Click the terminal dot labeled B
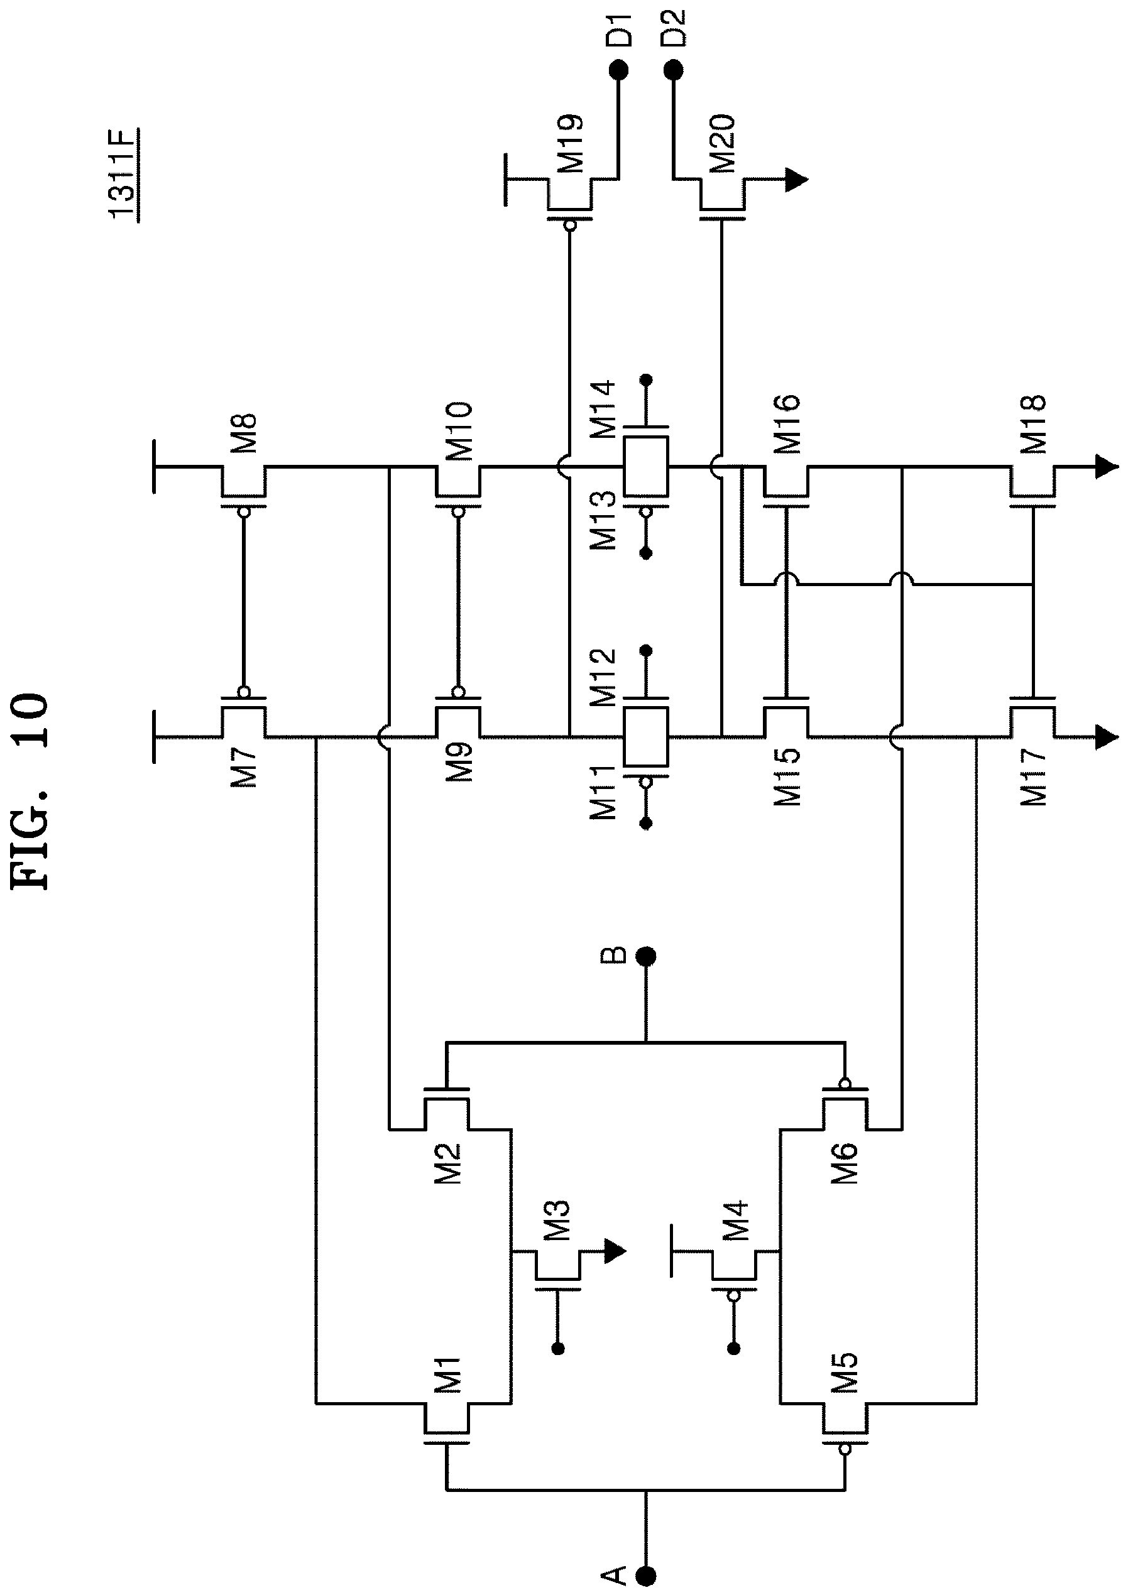(x=647, y=957)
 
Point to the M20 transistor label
(x=723, y=144)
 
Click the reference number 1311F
(x=124, y=173)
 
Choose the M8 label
(x=244, y=434)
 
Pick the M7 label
(x=244, y=766)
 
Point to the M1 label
(x=447, y=1375)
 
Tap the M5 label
(x=845, y=1374)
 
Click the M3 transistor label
(x=557, y=1221)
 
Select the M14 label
(x=602, y=408)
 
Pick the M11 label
(x=602, y=792)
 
